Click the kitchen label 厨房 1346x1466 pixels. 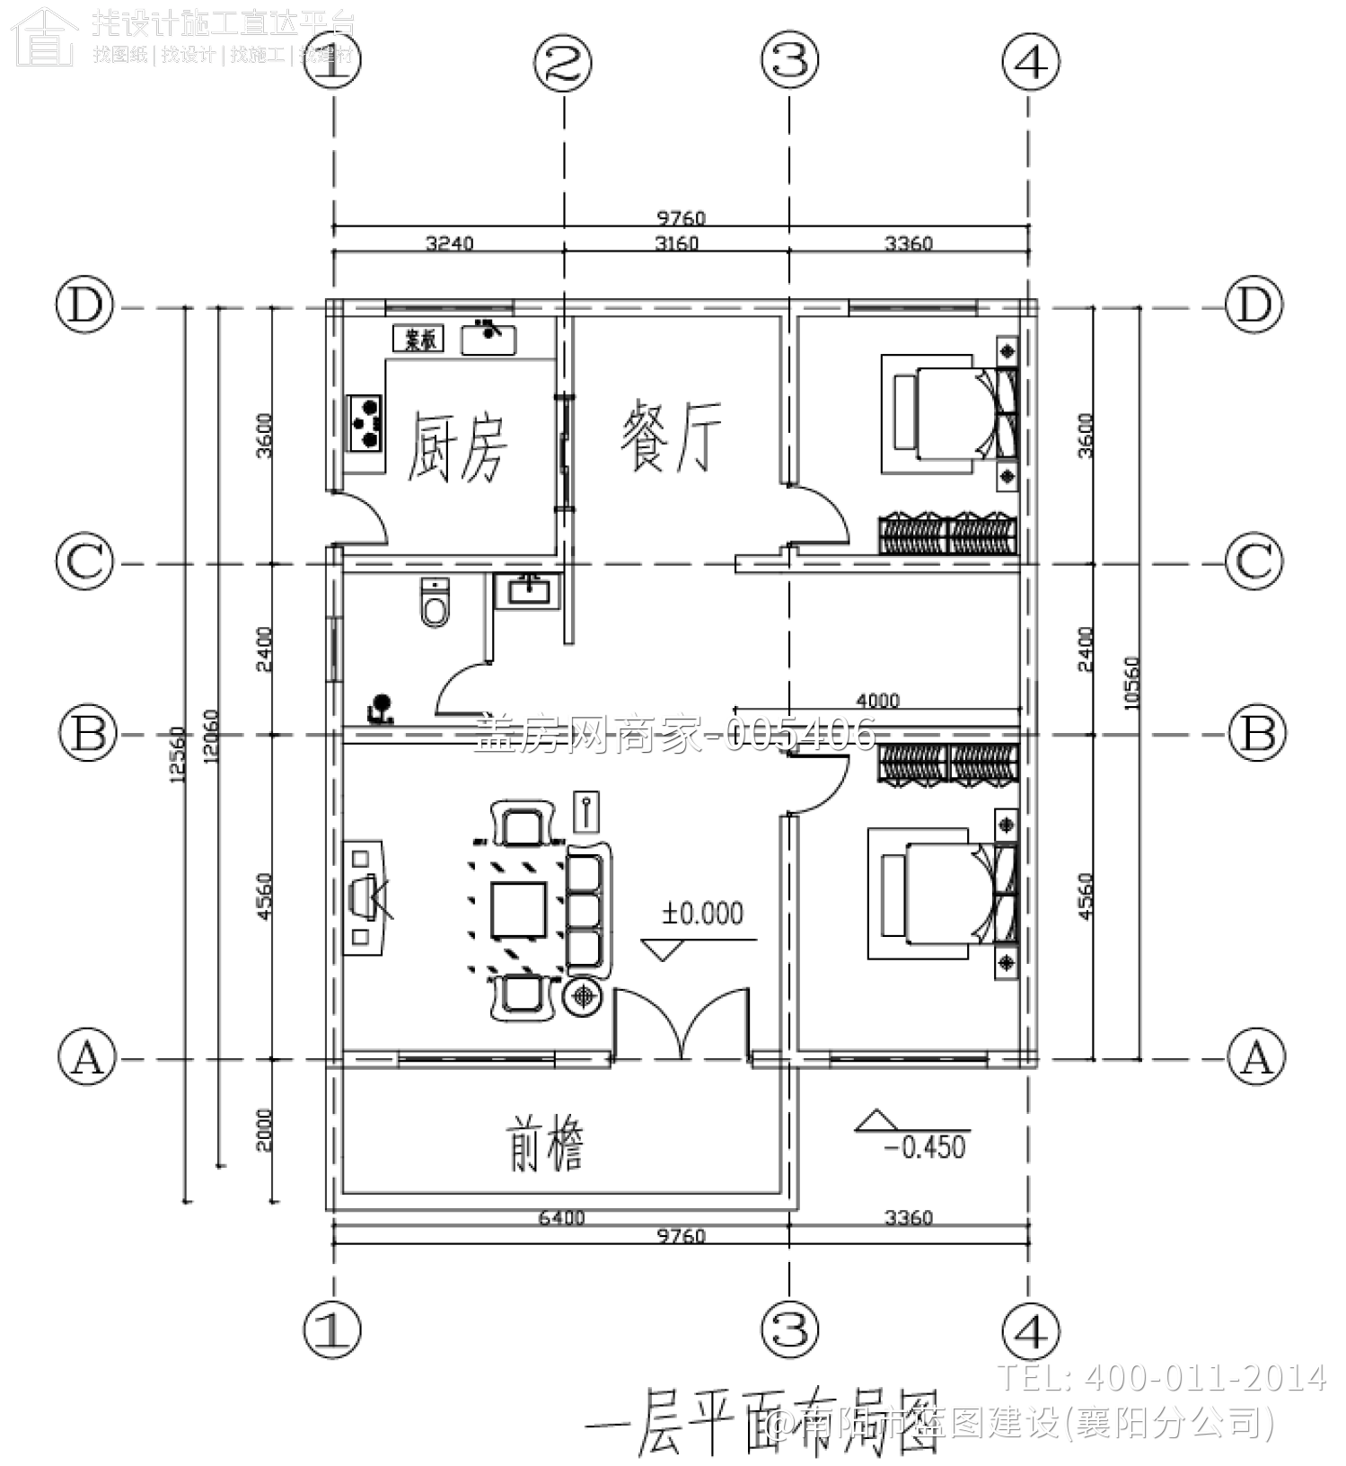coord(457,446)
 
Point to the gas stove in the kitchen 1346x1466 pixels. coord(366,422)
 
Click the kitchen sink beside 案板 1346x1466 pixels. coord(488,339)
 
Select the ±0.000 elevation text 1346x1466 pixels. coord(702,914)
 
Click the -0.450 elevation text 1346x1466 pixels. coord(925,1147)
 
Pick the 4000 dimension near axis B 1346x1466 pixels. coord(877,700)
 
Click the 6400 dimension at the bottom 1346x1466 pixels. coord(561,1218)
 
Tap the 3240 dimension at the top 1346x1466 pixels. coord(449,243)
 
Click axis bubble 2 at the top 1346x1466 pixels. coord(563,63)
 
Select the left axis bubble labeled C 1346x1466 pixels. coord(85,561)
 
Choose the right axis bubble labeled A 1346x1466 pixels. coord(1256,1056)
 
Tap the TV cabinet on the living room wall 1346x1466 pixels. coord(363,896)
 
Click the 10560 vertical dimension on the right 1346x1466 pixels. coord(1131,683)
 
